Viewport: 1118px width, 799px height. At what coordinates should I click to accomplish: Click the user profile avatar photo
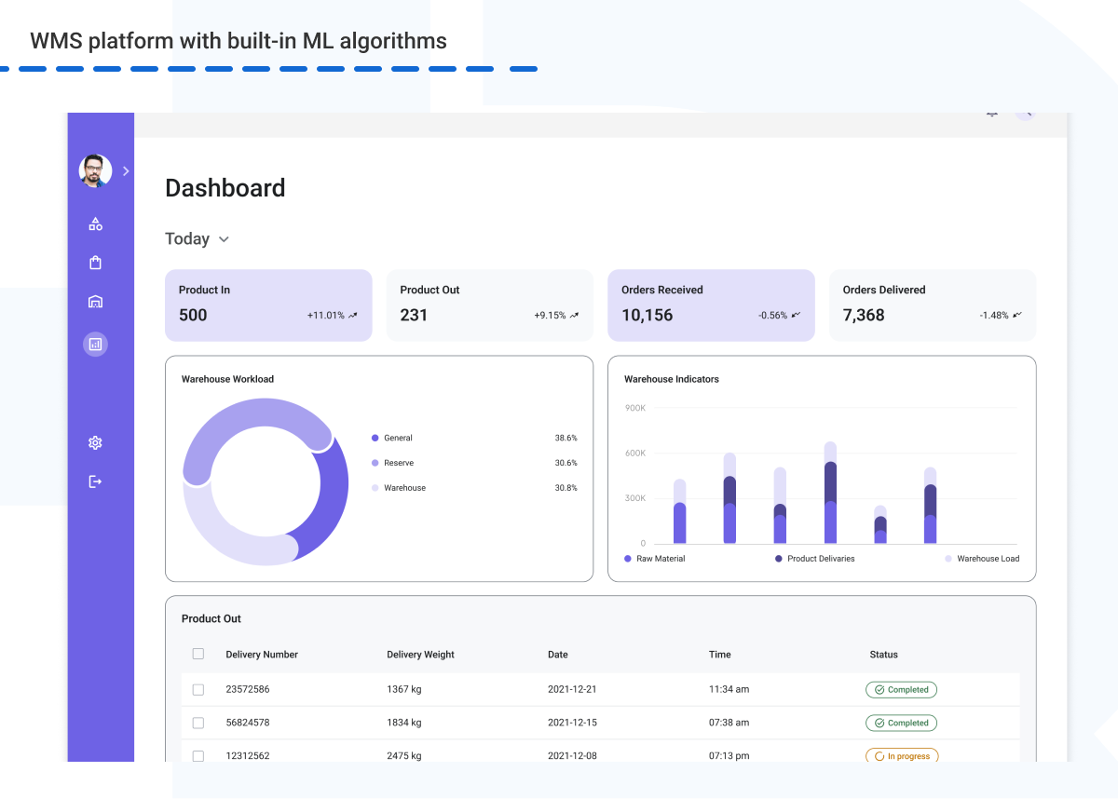pos(95,171)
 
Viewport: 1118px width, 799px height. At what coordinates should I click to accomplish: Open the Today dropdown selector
pos(197,239)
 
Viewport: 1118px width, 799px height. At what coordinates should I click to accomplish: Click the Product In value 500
pos(193,315)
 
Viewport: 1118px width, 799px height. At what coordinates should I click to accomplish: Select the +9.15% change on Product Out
pos(550,316)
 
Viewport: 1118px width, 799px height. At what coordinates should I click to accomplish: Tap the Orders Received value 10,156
pos(647,315)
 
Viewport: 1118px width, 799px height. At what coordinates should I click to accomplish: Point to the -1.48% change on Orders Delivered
pos(994,316)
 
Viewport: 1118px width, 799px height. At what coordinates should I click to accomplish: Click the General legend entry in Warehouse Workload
pos(398,438)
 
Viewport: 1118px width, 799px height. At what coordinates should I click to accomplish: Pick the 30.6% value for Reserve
pos(566,463)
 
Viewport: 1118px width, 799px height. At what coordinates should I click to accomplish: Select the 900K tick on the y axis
pos(635,408)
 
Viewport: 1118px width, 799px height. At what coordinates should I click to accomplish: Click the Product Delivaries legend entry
pos(820,559)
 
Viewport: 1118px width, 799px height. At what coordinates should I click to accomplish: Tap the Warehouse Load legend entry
pos(988,559)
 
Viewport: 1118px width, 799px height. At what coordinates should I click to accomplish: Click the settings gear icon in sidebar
pos(95,443)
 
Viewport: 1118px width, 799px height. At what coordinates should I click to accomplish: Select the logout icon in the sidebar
pos(95,481)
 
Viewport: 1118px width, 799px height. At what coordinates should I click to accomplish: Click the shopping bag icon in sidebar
pos(95,263)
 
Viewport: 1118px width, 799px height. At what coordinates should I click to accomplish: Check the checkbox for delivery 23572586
pos(198,690)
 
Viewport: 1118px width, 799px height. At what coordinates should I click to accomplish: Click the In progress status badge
pos(902,756)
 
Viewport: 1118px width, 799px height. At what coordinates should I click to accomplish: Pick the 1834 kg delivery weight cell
pos(404,723)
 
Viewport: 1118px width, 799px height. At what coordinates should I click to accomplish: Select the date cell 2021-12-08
pos(572,756)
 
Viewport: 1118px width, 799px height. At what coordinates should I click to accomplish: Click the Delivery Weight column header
pos(420,655)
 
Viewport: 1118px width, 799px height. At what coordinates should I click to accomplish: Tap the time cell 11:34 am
pos(729,690)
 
